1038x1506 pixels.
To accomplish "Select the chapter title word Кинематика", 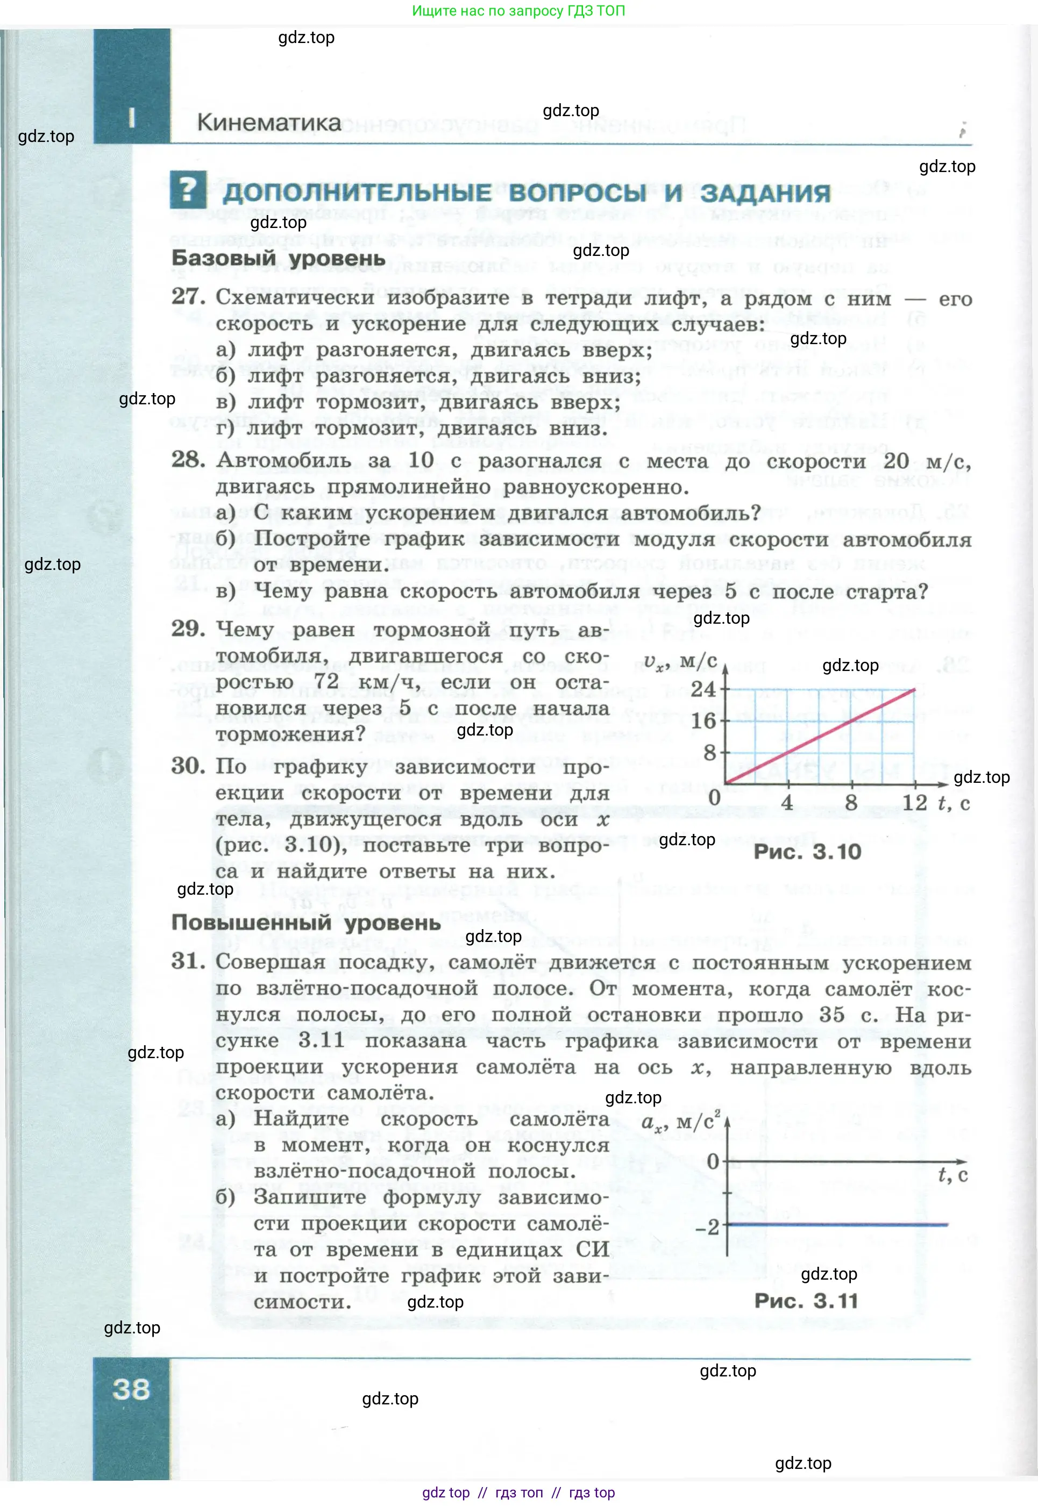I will coord(268,122).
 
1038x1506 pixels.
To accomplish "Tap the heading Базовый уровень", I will coord(279,258).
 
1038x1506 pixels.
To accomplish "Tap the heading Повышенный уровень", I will coord(305,922).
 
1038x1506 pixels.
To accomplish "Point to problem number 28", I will coord(188,460).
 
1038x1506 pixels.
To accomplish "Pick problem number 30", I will coord(188,766).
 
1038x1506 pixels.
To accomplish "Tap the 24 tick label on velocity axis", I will coord(702,689).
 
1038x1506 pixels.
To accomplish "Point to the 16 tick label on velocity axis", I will coord(702,720).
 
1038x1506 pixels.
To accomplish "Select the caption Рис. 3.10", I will coord(807,852).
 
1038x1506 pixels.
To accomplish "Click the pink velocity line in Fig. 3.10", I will coord(820,736).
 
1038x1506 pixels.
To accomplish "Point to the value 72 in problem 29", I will coord(326,681).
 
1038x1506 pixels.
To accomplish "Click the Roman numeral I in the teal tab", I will coord(132,118).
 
